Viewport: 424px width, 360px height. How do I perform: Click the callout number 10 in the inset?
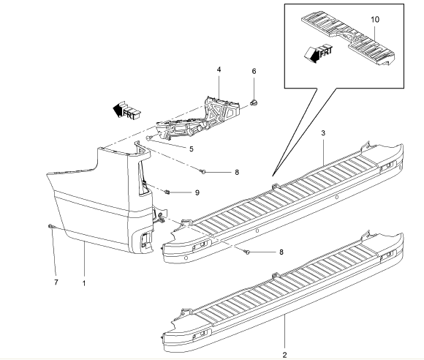pos(375,20)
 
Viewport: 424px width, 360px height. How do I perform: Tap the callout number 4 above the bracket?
pos(219,70)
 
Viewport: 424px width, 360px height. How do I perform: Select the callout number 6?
pos(254,71)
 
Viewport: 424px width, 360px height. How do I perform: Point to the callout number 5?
pos(192,149)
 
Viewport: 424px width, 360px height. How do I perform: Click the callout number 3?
pos(323,133)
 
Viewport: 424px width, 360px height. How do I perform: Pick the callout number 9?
pos(197,192)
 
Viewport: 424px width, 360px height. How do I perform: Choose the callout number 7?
pos(56,282)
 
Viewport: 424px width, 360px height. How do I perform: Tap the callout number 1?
pos(84,283)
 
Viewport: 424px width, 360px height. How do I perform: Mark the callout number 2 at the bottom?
pos(284,355)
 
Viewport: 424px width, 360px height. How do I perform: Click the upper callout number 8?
pos(237,172)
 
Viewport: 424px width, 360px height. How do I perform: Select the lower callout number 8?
pos(281,252)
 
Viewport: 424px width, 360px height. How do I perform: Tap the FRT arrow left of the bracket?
pos(127,110)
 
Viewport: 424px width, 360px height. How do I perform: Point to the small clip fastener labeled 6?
pos(254,102)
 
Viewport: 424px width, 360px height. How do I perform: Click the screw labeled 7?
pos(51,226)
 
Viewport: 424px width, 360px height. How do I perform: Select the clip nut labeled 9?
pos(167,192)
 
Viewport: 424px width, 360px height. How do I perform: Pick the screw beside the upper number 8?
pos(203,171)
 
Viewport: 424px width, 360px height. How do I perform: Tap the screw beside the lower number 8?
pos(247,252)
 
